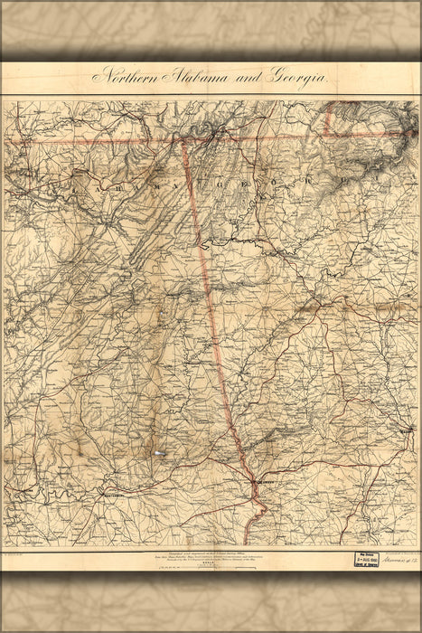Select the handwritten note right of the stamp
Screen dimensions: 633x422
[399, 560]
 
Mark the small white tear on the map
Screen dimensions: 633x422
[159, 452]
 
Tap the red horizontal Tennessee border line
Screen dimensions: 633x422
[99, 142]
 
